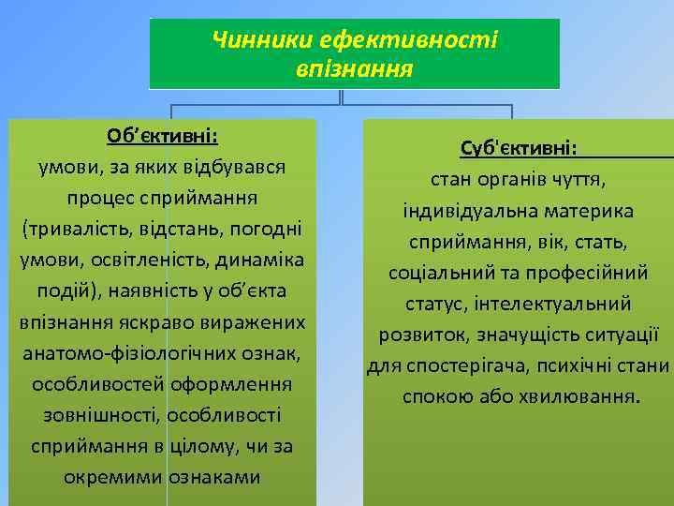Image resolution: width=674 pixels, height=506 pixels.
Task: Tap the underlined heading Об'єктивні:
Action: click(162, 136)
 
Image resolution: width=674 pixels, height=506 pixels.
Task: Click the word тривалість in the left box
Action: click(86, 229)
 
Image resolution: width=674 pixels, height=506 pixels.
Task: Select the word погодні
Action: click(266, 229)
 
